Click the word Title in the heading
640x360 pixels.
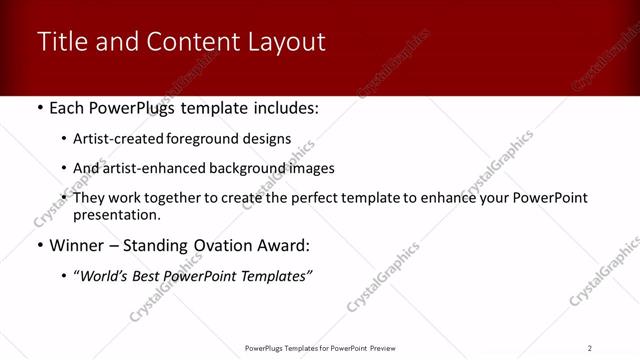(x=60, y=42)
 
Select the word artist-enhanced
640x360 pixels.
(x=151, y=168)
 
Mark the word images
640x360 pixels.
(x=311, y=168)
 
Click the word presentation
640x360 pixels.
(x=116, y=214)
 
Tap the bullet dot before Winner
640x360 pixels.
(x=39, y=245)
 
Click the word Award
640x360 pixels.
(x=284, y=245)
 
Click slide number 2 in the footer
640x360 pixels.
(x=590, y=348)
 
